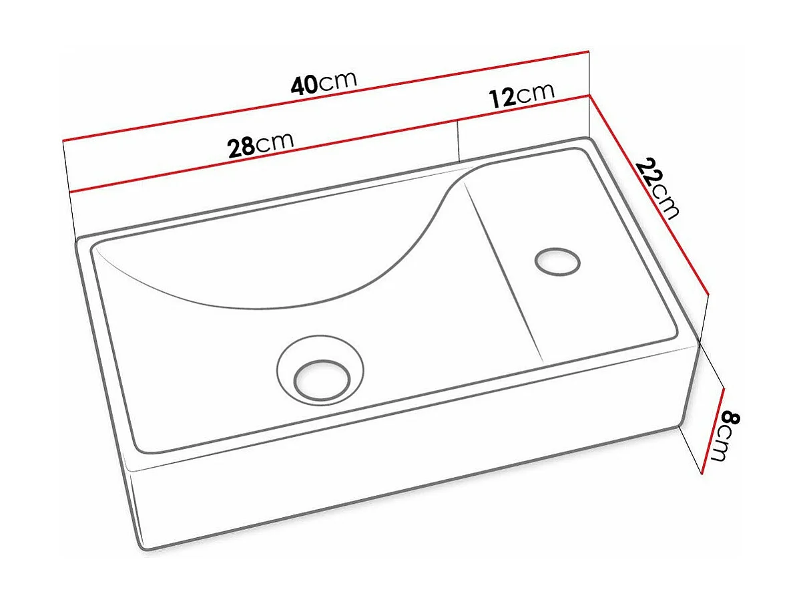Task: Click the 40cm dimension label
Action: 324,83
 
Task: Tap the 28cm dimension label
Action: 260,145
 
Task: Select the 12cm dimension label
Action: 521,95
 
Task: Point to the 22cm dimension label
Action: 658,188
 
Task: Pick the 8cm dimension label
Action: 724,437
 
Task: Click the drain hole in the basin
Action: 322,380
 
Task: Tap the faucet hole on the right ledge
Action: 557,261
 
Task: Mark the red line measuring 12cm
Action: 524,108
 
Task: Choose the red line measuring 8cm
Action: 713,431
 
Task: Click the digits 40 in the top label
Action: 304,86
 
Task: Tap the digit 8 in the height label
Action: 730,420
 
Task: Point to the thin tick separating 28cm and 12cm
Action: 459,139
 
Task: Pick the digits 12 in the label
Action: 503,98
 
